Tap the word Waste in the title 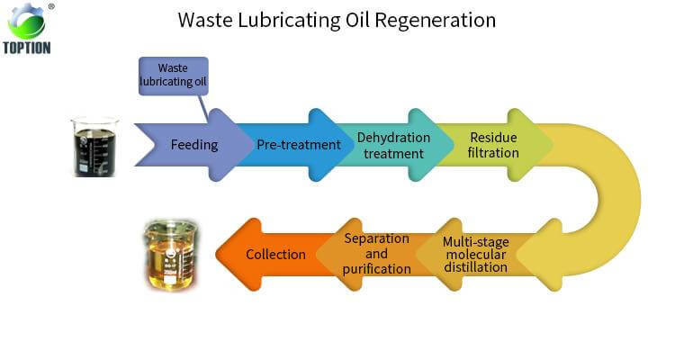click(206, 20)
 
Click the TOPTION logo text click(27, 47)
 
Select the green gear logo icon click(26, 21)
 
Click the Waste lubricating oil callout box click(174, 76)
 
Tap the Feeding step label click(194, 145)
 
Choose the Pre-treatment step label click(299, 145)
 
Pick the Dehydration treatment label click(393, 145)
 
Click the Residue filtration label click(494, 145)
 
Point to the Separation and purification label click(377, 254)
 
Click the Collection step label click(275, 255)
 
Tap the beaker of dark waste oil click(94, 147)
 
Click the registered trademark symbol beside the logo click(51, 6)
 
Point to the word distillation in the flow click(475, 267)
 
